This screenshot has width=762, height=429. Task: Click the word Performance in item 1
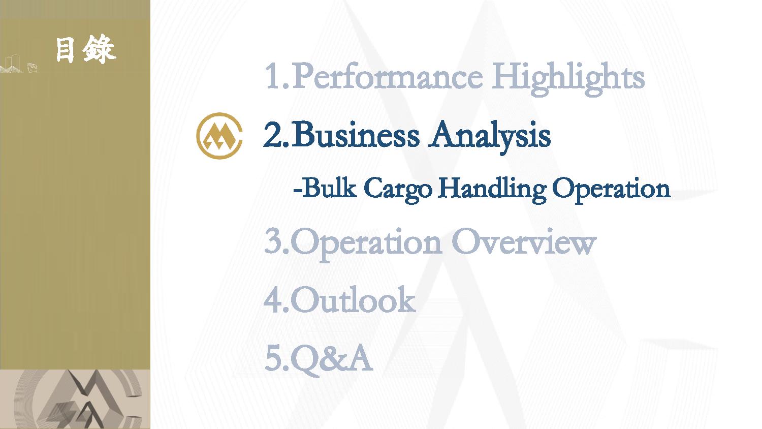tap(387, 76)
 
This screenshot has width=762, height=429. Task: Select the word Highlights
tap(568, 79)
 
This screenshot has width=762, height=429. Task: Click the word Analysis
tap(489, 136)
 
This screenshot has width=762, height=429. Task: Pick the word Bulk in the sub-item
tap(329, 188)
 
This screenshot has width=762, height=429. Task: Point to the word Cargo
tap(398, 190)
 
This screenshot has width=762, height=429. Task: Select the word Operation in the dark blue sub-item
tap(611, 190)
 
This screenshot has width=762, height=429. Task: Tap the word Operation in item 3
tap(366, 244)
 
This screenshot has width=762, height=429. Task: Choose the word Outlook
tap(353, 299)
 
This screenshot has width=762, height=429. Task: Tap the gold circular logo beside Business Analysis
tap(219, 136)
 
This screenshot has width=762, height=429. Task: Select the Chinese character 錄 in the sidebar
tap(99, 49)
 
